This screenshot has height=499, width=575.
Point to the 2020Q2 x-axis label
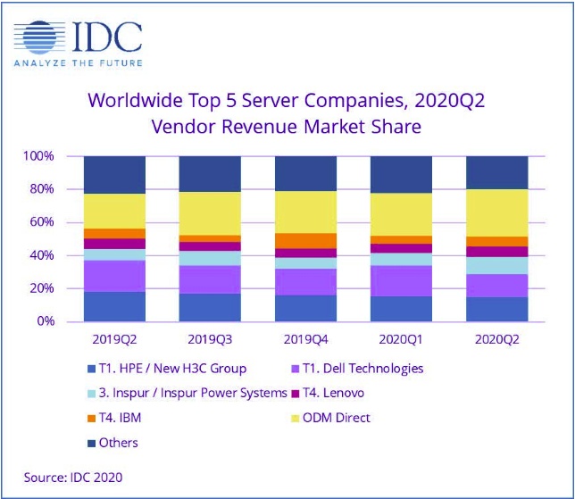496,340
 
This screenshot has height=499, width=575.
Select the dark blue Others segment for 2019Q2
114,175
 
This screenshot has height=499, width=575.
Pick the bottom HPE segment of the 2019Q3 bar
210,307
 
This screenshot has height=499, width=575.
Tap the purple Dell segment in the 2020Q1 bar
401,281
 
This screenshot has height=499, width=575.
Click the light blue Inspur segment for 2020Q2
496,265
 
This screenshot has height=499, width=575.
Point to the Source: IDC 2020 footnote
73,478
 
